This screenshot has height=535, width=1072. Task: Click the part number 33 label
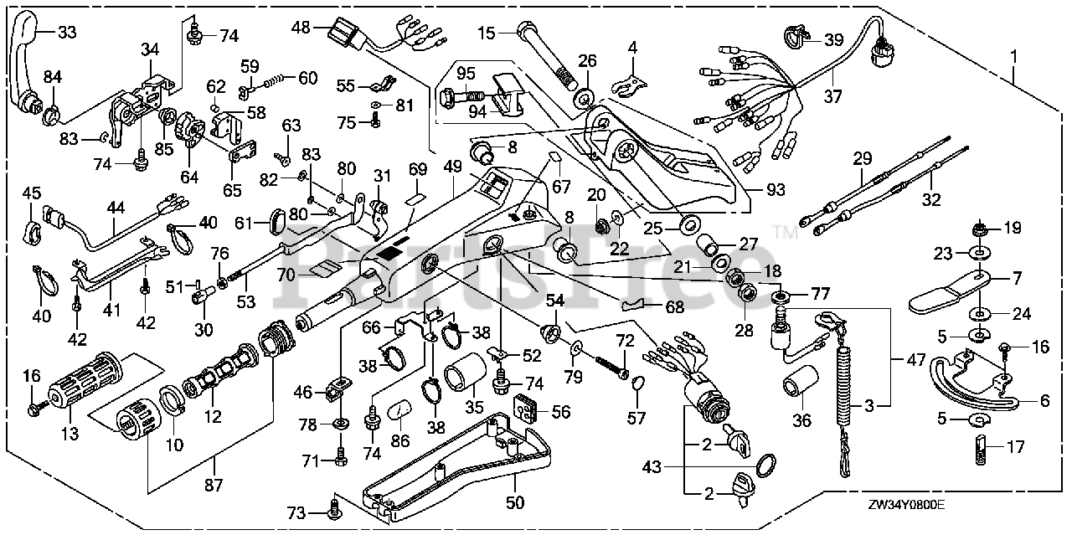coord(67,32)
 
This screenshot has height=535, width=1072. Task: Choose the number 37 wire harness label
coord(832,96)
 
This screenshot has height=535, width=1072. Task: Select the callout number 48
coord(301,28)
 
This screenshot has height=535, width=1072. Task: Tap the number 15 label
coord(487,32)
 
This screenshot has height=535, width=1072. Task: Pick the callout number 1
coord(1014,56)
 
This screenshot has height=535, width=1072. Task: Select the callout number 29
coord(863,158)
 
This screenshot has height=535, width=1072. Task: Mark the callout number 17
coord(1015,446)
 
